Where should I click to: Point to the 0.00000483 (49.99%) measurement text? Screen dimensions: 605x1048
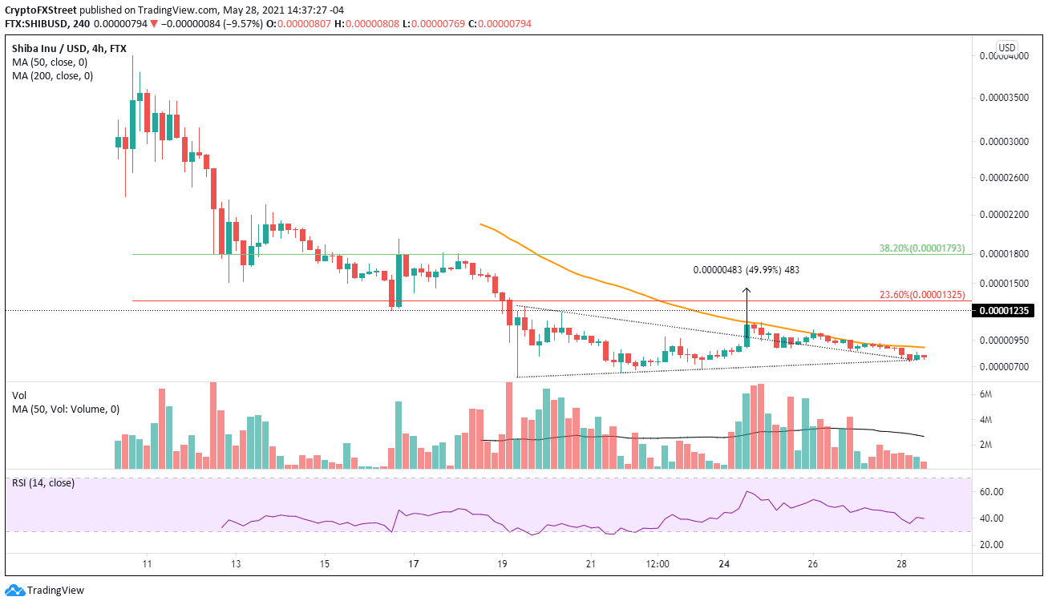[x=746, y=270]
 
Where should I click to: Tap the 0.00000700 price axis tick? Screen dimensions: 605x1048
[x=1005, y=367]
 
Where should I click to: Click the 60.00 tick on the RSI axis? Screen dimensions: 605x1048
[x=991, y=491]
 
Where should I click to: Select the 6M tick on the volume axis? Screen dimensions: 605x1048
[x=987, y=394]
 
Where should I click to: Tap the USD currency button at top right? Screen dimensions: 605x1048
[x=1007, y=47]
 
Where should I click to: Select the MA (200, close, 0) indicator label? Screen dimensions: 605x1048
[x=52, y=76]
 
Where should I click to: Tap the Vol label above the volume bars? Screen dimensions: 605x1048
[x=20, y=395]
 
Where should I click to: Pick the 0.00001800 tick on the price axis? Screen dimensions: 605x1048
[x=1005, y=254]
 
